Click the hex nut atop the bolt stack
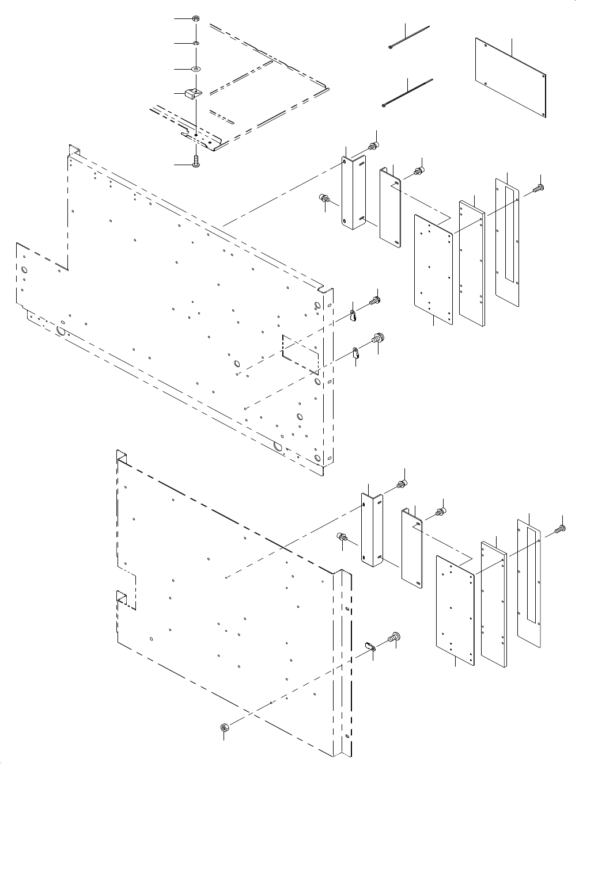click(196, 18)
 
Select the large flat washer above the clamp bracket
click(196, 68)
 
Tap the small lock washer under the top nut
click(196, 43)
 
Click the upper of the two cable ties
click(409, 37)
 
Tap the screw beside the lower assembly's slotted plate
click(560, 528)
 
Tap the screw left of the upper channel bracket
click(324, 200)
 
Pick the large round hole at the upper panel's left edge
click(25, 270)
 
